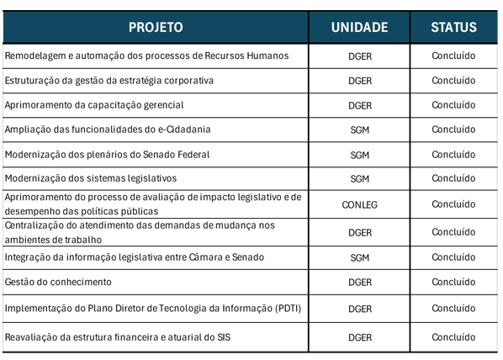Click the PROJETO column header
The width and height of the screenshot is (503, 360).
click(156, 27)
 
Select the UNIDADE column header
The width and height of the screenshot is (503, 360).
click(359, 27)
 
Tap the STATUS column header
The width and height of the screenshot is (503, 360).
click(453, 27)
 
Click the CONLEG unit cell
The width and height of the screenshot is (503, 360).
click(360, 204)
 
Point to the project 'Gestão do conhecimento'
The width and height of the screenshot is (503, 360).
click(58, 282)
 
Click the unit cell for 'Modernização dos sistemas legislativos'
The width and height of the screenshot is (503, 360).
click(360, 179)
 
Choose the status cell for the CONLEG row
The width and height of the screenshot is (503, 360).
click(453, 204)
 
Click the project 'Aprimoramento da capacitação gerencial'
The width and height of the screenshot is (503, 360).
click(94, 105)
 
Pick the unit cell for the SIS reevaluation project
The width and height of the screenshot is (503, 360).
click(360, 337)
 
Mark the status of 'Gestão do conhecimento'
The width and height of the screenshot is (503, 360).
click(453, 282)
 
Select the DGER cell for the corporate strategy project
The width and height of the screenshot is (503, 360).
click(360, 81)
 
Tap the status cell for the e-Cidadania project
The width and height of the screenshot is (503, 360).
click(453, 130)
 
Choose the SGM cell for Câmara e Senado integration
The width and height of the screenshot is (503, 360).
click(360, 257)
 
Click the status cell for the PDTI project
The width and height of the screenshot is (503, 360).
click(453, 309)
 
